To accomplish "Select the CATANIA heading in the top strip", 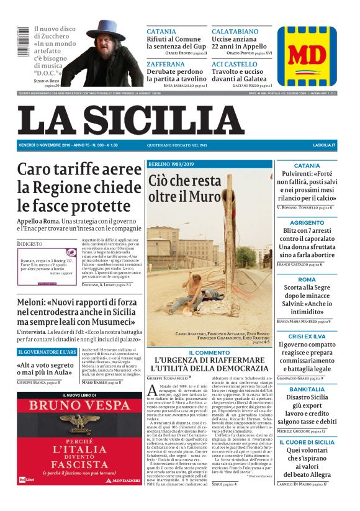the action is (161, 31).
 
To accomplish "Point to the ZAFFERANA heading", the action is (165, 64).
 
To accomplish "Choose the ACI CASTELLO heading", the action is (235, 64).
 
